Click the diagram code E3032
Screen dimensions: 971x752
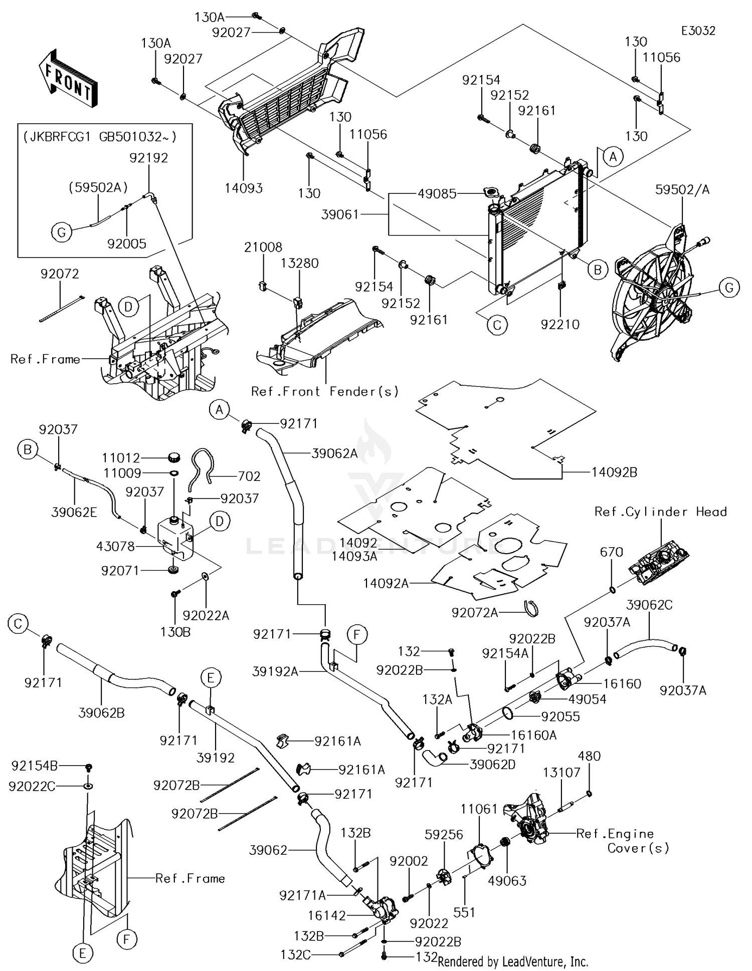tap(698, 31)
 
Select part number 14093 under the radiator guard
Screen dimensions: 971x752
tap(244, 188)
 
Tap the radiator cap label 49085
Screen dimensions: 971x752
tap(437, 193)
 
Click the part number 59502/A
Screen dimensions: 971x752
tap(682, 190)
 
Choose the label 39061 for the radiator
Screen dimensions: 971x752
tap(340, 214)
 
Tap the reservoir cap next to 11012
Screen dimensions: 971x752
tap(173, 457)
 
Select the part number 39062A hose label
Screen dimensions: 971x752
tap(334, 454)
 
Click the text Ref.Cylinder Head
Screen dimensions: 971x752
tap(660, 512)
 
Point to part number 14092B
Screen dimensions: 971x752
tap(614, 472)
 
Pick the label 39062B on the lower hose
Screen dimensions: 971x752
tap(101, 712)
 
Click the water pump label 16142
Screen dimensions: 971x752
tap(327, 915)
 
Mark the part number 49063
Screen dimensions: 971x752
tap(507, 880)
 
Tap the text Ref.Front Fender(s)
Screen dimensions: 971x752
tap(325, 391)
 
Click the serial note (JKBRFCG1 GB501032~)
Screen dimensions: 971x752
tap(100, 137)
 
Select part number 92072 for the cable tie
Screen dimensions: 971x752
tap(60, 274)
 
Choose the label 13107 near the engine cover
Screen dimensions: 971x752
tap(561, 772)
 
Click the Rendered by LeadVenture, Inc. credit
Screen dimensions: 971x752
tap(512, 961)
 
